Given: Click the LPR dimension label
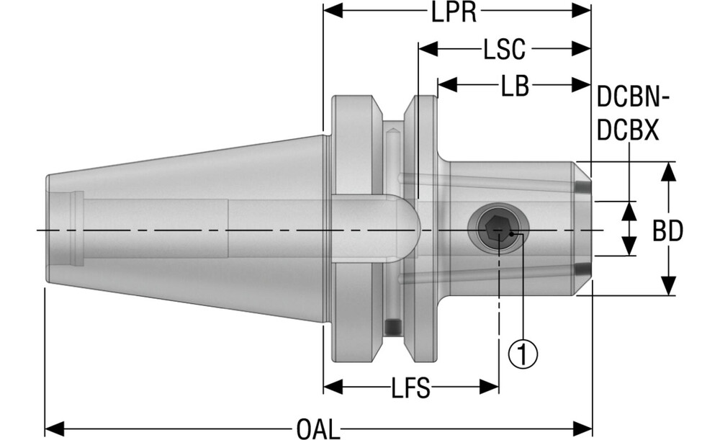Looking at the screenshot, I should (457, 12).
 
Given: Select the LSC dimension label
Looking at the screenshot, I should (505, 50).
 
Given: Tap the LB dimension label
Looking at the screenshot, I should (515, 86).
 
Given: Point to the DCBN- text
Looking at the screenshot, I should (634, 97).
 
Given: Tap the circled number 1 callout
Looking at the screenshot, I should (523, 354).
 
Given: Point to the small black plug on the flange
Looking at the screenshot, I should (392, 328).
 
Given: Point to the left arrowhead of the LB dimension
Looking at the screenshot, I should (446, 85).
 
